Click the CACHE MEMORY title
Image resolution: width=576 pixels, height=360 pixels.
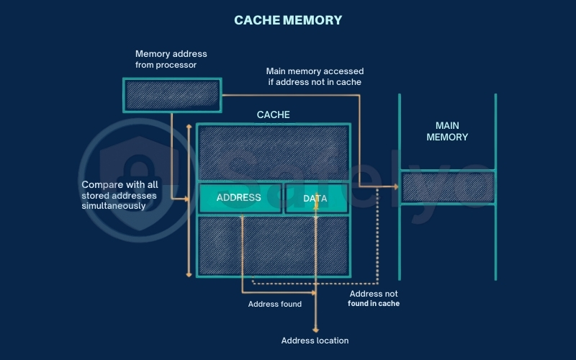(x=288, y=20)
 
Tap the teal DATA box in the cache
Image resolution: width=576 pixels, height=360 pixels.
(x=316, y=198)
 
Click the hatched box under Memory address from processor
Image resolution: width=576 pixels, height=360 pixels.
(x=171, y=94)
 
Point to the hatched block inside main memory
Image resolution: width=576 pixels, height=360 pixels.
(x=447, y=187)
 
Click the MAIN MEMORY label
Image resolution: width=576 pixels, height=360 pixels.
(x=447, y=131)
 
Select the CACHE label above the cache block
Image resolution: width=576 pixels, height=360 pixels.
(x=274, y=114)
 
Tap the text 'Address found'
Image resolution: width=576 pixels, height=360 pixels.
(x=274, y=305)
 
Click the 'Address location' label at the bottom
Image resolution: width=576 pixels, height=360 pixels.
(x=315, y=341)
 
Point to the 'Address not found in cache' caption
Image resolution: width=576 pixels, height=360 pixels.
(x=374, y=299)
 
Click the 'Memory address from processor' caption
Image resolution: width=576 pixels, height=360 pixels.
(x=171, y=59)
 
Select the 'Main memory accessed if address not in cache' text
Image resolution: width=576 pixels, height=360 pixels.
(x=315, y=76)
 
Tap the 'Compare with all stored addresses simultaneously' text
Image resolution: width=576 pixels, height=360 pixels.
(x=119, y=195)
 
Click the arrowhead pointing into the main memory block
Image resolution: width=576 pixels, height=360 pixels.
(x=395, y=187)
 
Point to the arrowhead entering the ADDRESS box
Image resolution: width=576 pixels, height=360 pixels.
(x=194, y=198)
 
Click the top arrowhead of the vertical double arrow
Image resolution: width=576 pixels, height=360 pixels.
(x=189, y=127)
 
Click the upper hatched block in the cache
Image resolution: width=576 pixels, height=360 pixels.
(x=274, y=153)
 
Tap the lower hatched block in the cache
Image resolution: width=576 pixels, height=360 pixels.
(x=274, y=246)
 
